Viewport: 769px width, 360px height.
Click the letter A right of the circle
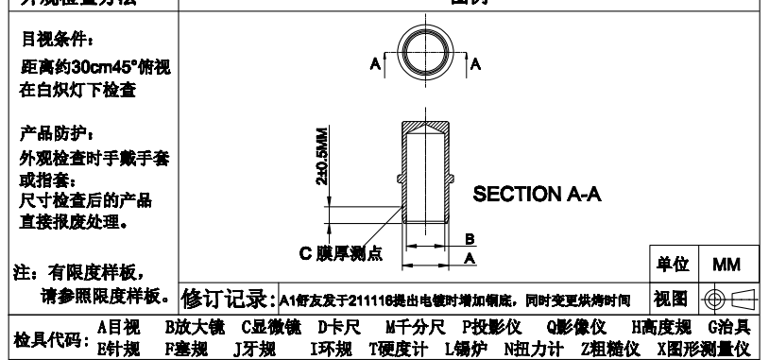click(476, 63)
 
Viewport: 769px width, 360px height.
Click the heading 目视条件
click(57, 43)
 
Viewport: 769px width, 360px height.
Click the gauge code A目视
click(119, 327)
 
